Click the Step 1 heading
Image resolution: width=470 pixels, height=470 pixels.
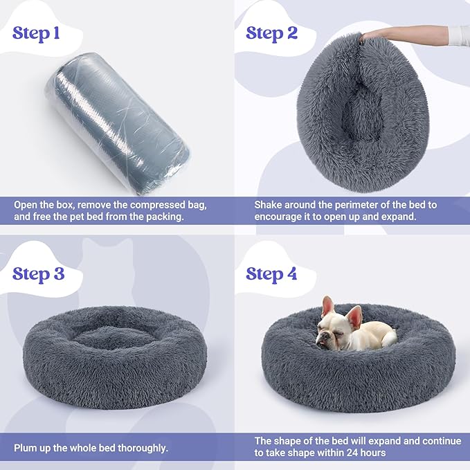[40, 34]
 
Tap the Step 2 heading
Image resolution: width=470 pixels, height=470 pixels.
[271, 33]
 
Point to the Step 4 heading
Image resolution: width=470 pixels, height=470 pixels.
[271, 273]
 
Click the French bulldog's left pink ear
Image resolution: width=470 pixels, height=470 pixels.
[327, 305]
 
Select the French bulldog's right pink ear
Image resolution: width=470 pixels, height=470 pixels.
[354, 315]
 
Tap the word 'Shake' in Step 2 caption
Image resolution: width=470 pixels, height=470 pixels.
[269, 206]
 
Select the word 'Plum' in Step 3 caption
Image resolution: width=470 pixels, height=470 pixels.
[27, 448]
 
